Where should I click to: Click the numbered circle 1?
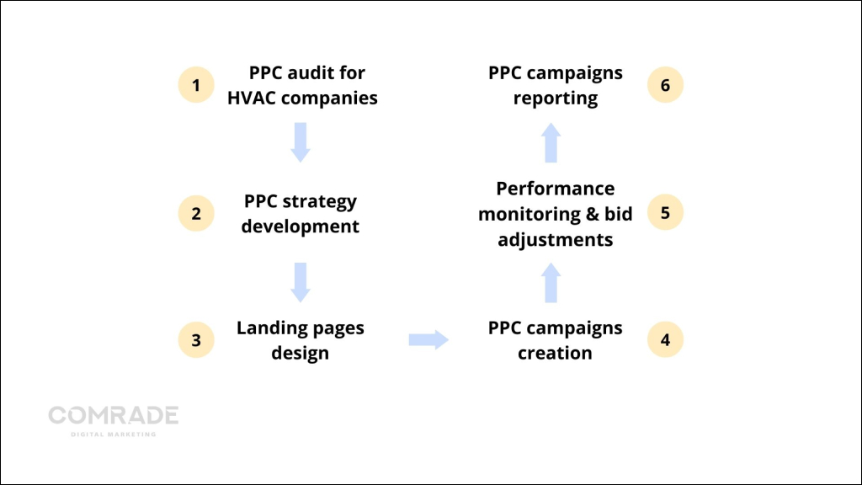pyautogui.click(x=196, y=85)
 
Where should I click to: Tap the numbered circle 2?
pyautogui.click(x=196, y=213)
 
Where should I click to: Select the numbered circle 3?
pyautogui.click(x=196, y=340)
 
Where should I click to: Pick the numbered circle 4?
pyautogui.click(x=665, y=340)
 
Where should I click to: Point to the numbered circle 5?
pyautogui.click(x=665, y=213)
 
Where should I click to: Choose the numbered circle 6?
pyautogui.click(x=665, y=85)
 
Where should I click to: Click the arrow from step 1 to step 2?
pyautogui.click(x=301, y=142)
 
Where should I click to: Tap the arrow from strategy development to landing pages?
pyautogui.click(x=301, y=282)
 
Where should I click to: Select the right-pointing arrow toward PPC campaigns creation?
pyautogui.click(x=428, y=340)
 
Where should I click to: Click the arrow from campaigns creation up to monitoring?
pyautogui.click(x=551, y=282)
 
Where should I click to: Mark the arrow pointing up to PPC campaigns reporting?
pyautogui.click(x=551, y=142)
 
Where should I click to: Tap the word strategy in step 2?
pyautogui.click(x=320, y=202)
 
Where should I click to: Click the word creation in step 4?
pyautogui.click(x=555, y=353)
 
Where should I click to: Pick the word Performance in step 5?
pyautogui.click(x=555, y=189)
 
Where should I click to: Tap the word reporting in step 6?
pyautogui.click(x=555, y=98)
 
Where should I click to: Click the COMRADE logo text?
pyautogui.click(x=113, y=415)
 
